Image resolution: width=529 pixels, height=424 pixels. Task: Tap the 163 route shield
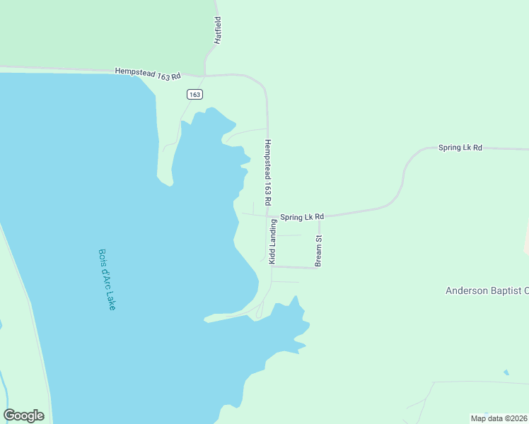pos(195,94)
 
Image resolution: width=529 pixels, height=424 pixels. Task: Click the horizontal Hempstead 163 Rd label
pos(149,73)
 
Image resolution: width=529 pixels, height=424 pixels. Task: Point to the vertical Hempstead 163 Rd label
pos(268,171)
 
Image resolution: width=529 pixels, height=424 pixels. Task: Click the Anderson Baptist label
pos(487,290)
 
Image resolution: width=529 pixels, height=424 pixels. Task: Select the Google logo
pos(23,415)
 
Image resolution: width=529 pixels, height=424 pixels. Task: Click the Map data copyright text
pos(499,418)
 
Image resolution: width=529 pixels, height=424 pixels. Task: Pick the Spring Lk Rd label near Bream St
pos(301,216)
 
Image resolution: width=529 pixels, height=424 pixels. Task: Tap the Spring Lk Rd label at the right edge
pos(460,148)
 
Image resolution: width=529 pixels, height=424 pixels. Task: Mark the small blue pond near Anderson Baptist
pos(506,372)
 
